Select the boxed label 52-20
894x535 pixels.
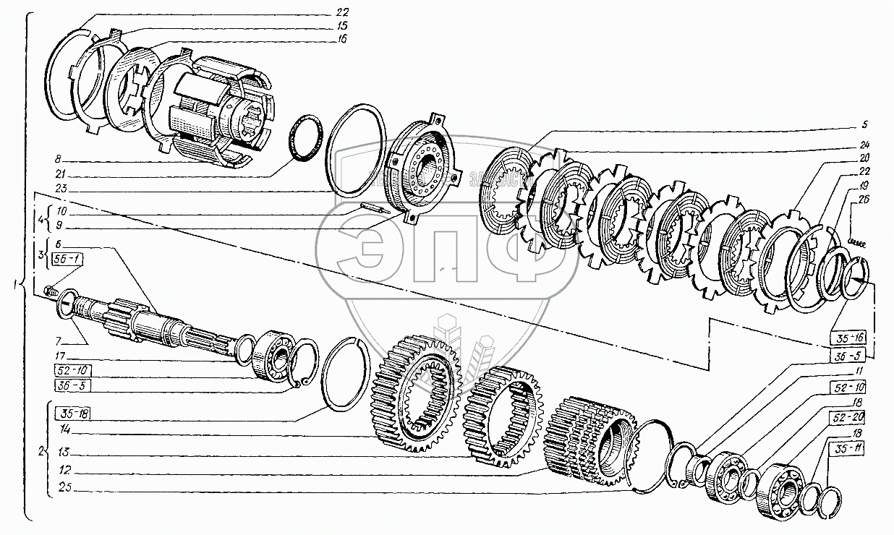click(x=843, y=417)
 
